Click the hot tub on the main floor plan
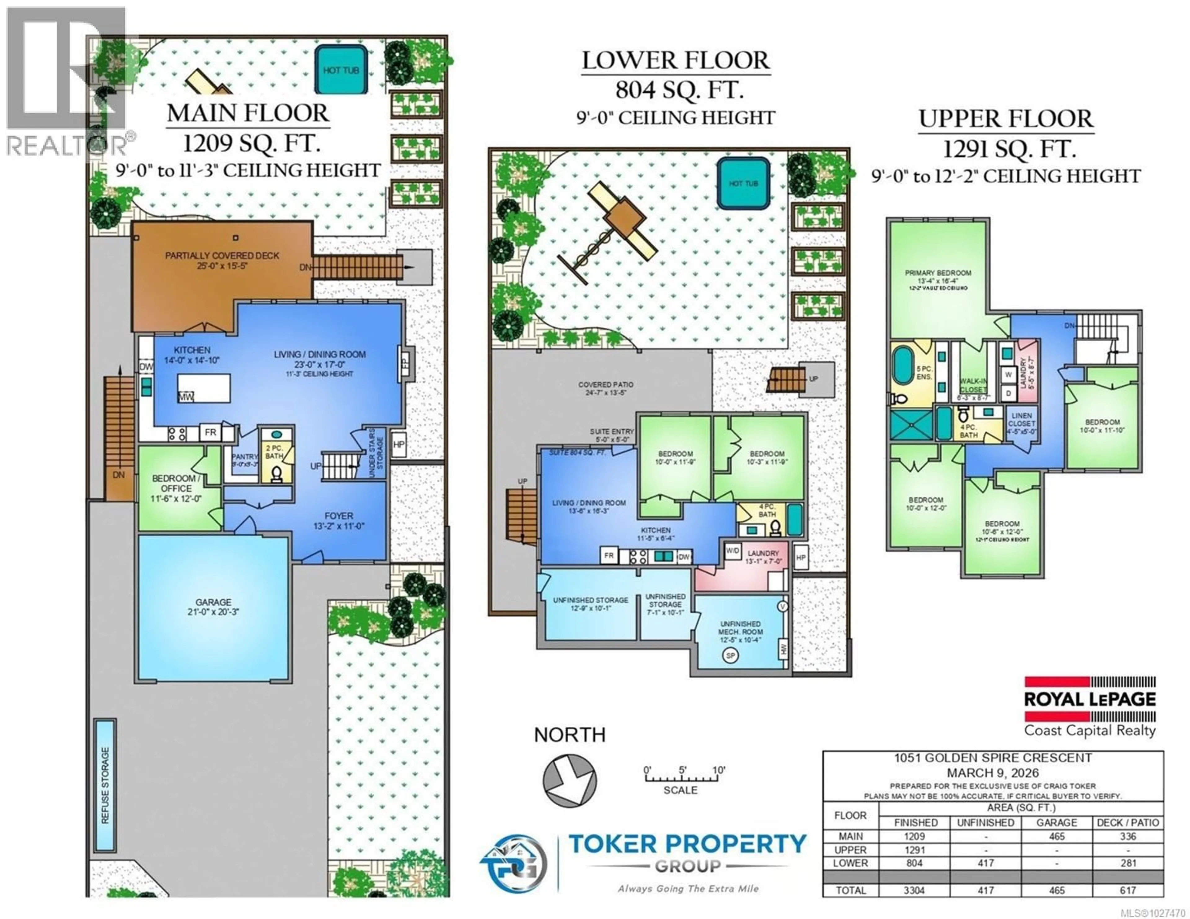[x=341, y=70]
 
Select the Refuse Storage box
[x=105, y=785]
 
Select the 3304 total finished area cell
[x=914, y=890]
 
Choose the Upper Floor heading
[x=1006, y=119]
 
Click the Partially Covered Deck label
[x=222, y=260]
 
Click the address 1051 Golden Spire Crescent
[x=993, y=758]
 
